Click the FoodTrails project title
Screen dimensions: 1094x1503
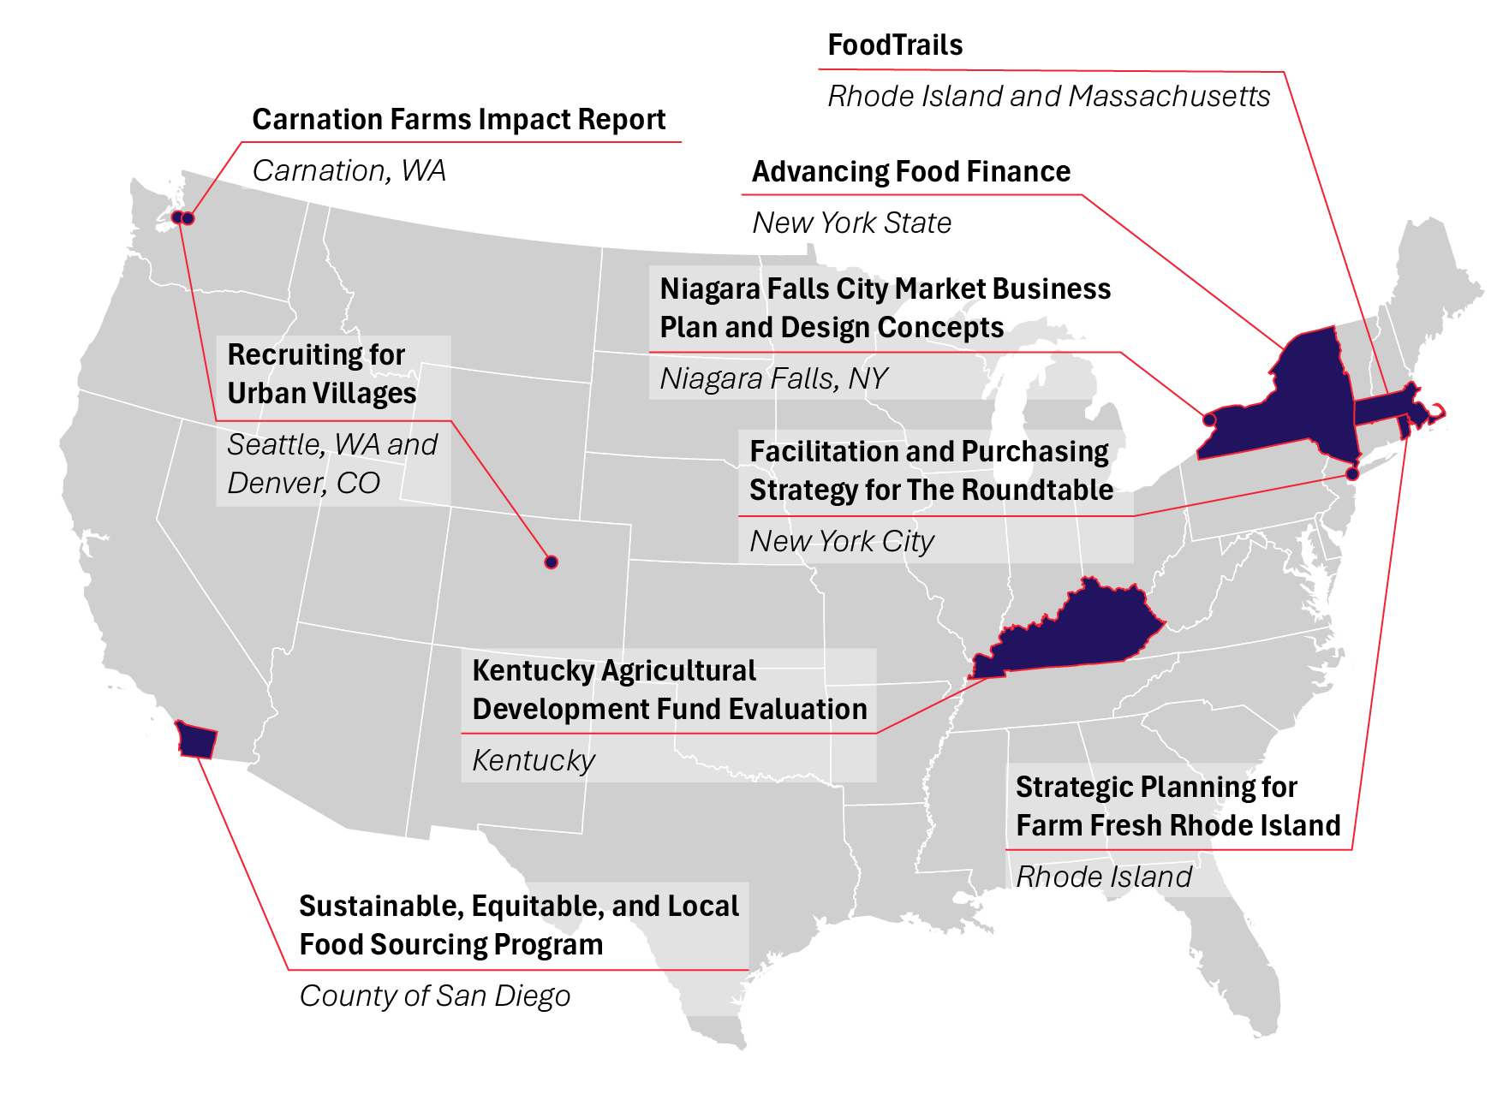895,45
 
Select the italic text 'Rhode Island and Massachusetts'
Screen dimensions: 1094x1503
1048,97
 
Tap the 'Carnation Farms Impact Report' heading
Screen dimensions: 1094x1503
458,120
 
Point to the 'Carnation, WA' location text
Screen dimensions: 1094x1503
349,171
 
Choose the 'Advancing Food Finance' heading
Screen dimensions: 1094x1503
910,172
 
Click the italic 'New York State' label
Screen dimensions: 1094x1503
851,223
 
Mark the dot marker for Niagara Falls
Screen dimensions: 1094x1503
1208,419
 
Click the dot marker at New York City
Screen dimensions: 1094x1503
1352,473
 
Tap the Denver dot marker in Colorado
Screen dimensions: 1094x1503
552,562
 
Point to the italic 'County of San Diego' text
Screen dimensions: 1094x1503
434,996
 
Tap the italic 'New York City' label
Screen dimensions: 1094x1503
841,542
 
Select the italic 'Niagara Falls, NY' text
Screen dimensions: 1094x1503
773,378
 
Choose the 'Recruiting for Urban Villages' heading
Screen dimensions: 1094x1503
321,374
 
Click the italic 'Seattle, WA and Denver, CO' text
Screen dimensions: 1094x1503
331,464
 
